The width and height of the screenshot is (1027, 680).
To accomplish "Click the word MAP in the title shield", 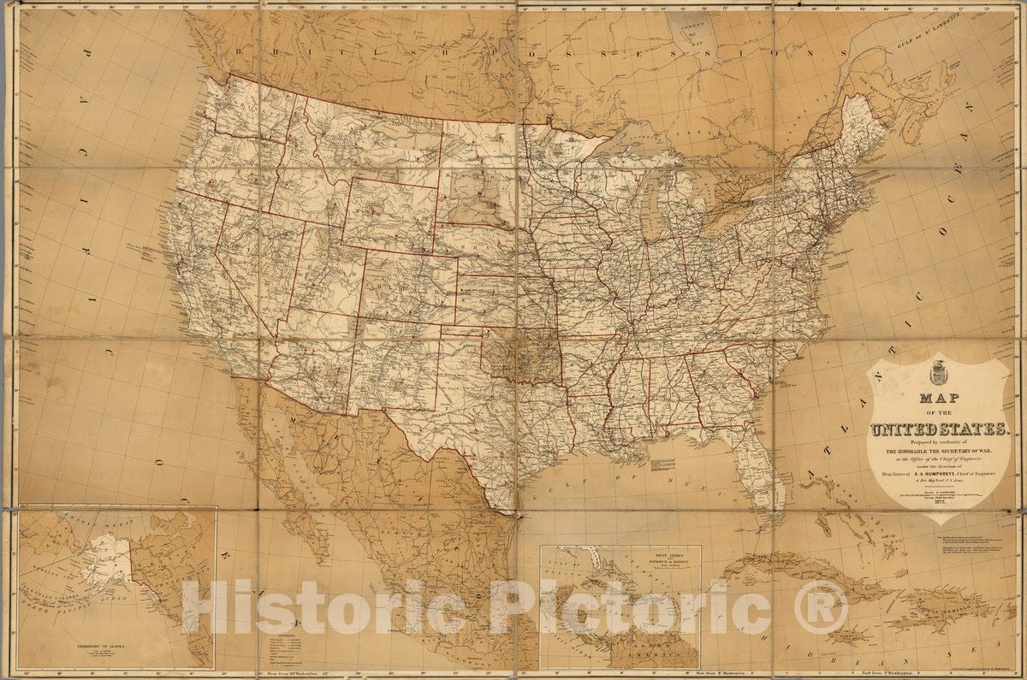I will click(x=939, y=399).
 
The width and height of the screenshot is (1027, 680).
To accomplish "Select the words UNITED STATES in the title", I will click(x=939, y=429).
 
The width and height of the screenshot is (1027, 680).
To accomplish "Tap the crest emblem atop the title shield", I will click(x=938, y=373).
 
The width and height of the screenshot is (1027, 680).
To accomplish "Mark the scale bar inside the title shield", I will click(x=938, y=494).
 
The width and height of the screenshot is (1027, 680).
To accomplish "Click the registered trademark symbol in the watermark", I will click(x=819, y=607).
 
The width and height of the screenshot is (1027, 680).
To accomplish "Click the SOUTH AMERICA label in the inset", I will click(x=650, y=653).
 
